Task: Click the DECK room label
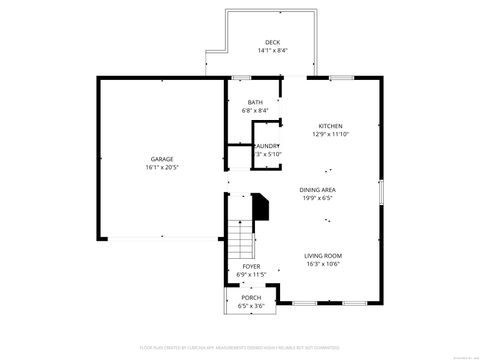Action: coord(272,42)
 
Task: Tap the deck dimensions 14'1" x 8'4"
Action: coord(272,50)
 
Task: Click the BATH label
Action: coord(255,103)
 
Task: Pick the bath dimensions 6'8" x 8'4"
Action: coord(255,111)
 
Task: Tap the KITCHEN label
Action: coord(330,126)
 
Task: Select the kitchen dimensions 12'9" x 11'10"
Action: coord(330,134)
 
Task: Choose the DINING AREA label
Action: coord(317,189)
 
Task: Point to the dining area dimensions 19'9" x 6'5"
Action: coord(317,197)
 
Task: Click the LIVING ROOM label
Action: coord(323,257)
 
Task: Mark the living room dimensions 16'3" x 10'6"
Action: coord(323,265)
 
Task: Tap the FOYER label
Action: coord(251,266)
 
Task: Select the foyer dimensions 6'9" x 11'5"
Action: coord(251,274)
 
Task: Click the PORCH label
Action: coord(251,297)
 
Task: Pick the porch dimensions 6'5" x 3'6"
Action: coord(251,305)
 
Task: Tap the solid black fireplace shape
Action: coord(262,208)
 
